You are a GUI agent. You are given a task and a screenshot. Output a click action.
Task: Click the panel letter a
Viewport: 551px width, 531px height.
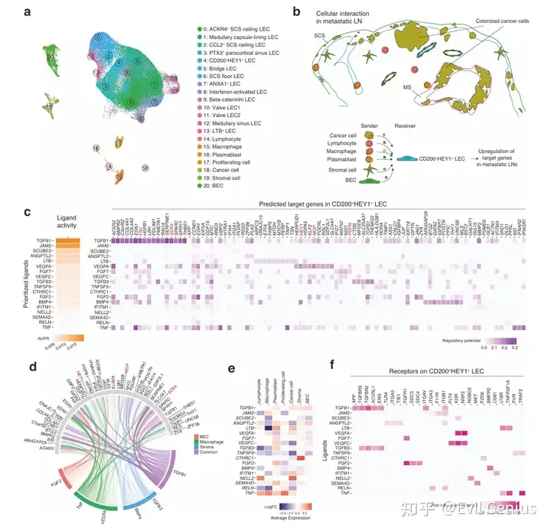28,12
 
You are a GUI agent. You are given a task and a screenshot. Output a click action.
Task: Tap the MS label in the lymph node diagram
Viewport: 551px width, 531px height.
408,88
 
